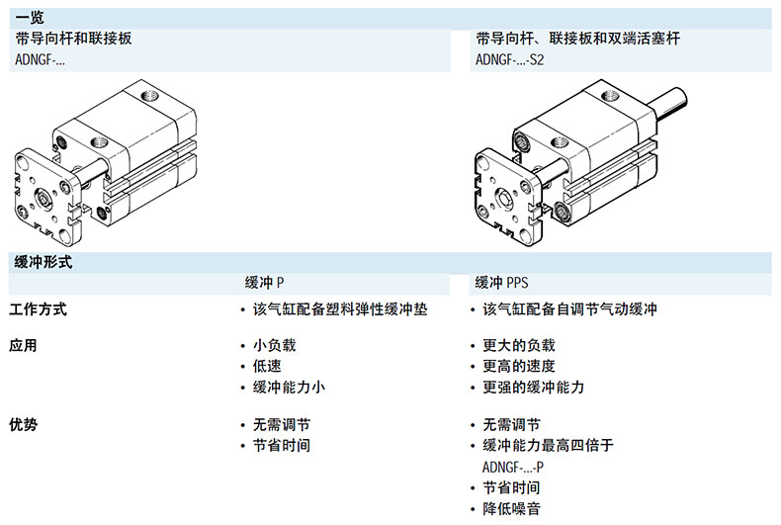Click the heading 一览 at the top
[x=30, y=17]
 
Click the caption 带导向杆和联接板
[x=74, y=39]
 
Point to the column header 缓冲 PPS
[x=502, y=283]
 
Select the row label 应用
[x=23, y=346]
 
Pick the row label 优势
[x=23, y=424]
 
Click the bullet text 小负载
[x=274, y=346]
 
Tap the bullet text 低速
[x=267, y=366]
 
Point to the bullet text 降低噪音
[x=511, y=508]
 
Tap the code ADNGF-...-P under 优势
[x=513, y=467]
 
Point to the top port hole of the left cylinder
[x=151, y=97]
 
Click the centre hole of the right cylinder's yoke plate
[x=506, y=198]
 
